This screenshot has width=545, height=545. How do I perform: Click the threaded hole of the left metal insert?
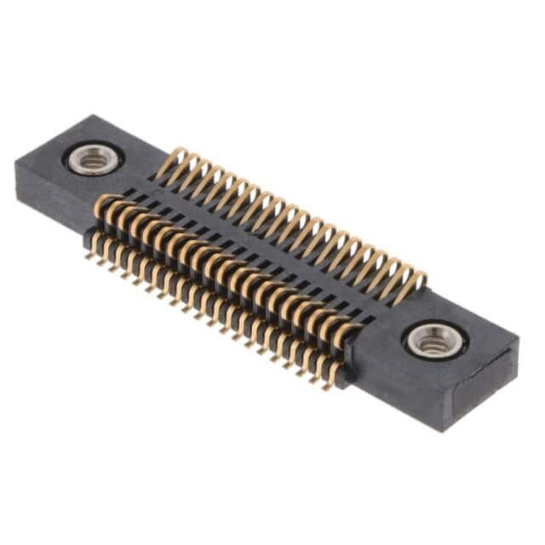pos(92,159)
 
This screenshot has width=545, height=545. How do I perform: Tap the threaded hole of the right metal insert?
pos(435,341)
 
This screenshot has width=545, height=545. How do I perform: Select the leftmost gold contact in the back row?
pos(176,159)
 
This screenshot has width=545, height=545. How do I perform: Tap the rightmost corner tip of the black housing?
pos(518,341)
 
